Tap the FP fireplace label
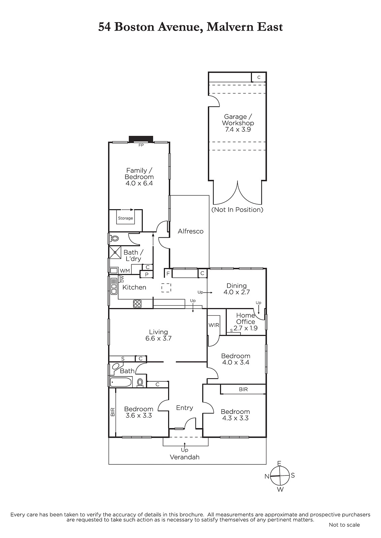[x=141, y=145]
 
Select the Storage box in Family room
[x=125, y=218]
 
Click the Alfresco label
[x=191, y=231]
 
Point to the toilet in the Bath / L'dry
[x=115, y=239]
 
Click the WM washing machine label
[x=125, y=271]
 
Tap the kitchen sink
[x=114, y=286]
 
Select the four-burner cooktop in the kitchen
[x=137, y=304]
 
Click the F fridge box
[x=168, y=274]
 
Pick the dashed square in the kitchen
[x=166, y=288]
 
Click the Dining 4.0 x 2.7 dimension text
[x=237, y=292]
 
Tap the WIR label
[x=214, y=325]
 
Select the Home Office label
[x=246, y=318]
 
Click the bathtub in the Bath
[x=121, y=382]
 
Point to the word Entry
[x=185, y=408]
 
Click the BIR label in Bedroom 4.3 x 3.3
[x=243, y=389]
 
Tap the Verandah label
[x=185, y=457]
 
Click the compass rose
[x=280, y=476]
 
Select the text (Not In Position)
[x=237, y=210]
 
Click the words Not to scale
[x=344, y=525]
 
